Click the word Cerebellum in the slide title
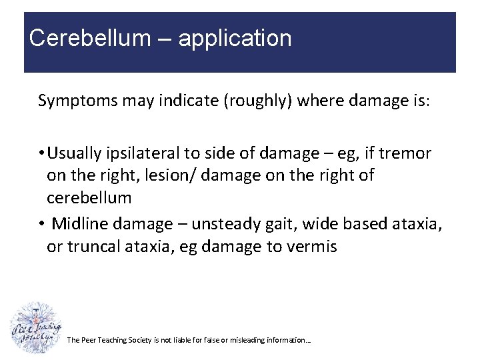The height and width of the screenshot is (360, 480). pyautogui.click(x=90, y=38)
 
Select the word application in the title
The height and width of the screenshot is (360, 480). pyautogui.click(x=235, y=39)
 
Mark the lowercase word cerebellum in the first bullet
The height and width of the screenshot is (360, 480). pyautogui.click(x=89, y=198)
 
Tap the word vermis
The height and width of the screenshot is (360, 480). pyautogui.click(x=313, y=247)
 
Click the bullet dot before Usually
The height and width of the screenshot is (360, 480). pyautogui.click(x=41, y=154)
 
